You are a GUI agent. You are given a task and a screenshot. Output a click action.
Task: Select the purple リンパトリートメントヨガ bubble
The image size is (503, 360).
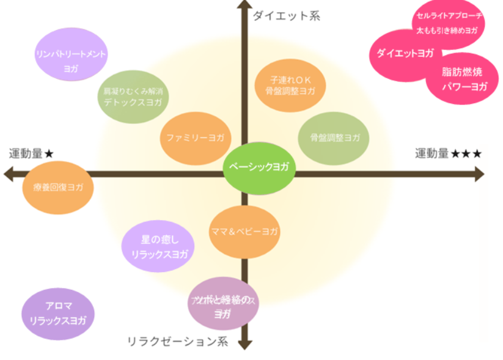click(71, 54)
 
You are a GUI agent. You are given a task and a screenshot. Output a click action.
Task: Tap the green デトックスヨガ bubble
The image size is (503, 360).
click(133, 97)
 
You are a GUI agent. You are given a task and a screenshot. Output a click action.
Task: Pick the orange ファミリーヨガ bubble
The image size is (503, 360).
click(196, 138)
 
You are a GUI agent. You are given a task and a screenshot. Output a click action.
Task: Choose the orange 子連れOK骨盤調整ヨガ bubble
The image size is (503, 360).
click(291, 86)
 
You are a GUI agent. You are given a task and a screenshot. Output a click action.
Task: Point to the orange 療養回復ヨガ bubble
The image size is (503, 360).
click(58, 187)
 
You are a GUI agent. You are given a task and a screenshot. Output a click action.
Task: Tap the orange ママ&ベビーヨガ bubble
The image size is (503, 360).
click(244, 232)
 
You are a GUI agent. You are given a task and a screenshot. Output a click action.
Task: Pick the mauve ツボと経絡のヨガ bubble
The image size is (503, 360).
click(222, 304)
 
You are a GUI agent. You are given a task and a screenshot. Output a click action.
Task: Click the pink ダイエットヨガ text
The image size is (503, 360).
click(405, 53)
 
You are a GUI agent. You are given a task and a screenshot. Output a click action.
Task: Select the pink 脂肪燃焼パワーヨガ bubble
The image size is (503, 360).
click(465, 80)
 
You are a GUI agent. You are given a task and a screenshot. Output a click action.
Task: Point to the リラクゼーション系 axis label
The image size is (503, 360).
click(177, 341)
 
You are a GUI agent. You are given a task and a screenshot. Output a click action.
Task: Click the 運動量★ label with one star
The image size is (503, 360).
click(32, 153)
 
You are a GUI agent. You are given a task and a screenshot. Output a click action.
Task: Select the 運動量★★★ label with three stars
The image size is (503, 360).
click(448, 153)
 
